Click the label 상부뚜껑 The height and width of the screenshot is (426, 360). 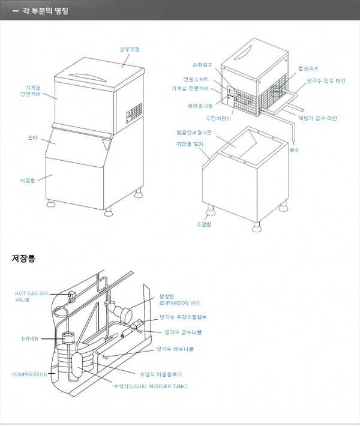coord(130,49)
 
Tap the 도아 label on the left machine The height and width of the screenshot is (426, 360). coord(32,138)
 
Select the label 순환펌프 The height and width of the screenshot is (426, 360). coord(202,65)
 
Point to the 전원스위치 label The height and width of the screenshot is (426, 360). coord(196,79)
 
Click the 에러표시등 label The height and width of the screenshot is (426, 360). coord(200,106)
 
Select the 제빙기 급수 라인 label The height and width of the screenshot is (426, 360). coord(317,118)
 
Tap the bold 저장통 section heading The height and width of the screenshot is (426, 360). coord(23,259)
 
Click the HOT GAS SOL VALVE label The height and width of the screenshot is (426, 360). coord(32,296)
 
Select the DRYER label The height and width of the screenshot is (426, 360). coord(30,339)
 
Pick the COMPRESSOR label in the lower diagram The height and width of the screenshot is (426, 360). coord(29,374)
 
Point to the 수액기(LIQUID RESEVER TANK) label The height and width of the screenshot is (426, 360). coord(150,386)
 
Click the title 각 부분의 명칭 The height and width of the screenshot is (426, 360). coord(45,10)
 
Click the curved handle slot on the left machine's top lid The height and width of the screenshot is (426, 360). coord(85,76)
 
